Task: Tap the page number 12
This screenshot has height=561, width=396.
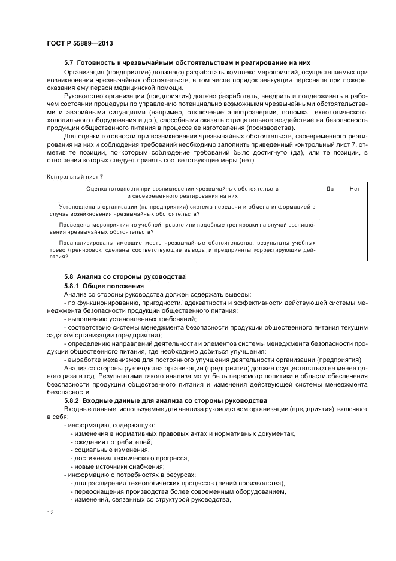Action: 50,512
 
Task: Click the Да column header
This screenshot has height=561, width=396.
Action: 330,189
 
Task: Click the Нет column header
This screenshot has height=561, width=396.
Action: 355,189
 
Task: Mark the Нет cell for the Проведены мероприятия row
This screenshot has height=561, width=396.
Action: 355,227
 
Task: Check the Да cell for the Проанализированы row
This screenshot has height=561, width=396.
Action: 330,249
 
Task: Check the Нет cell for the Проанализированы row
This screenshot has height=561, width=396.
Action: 355,249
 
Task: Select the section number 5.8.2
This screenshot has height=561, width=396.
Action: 74,400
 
